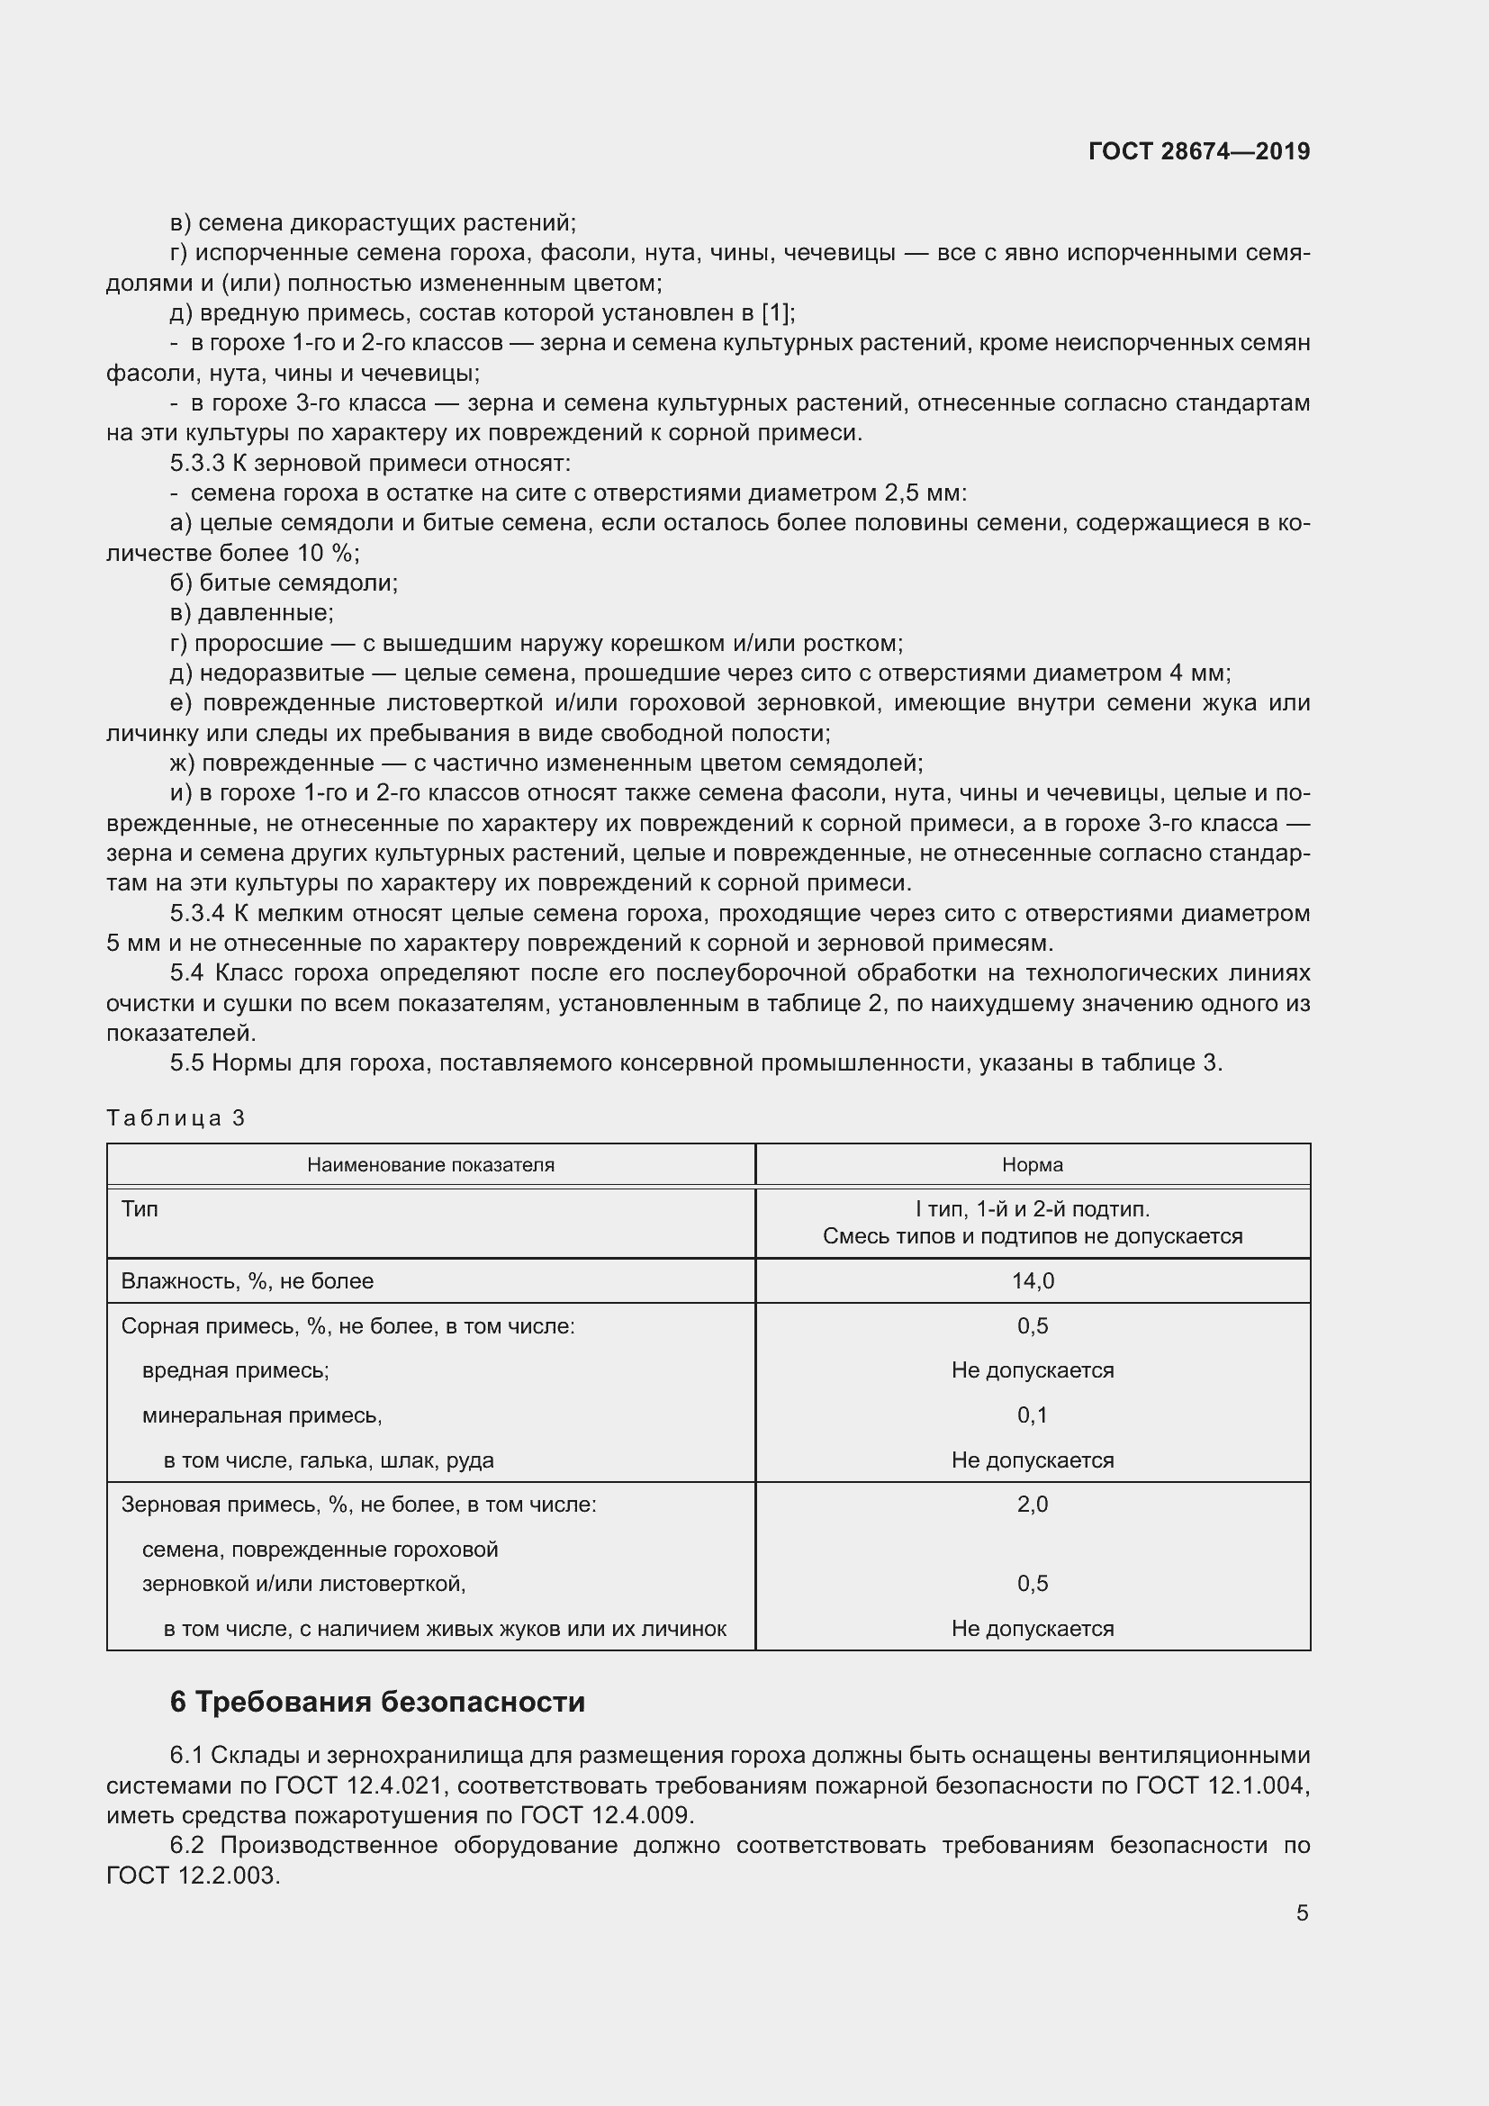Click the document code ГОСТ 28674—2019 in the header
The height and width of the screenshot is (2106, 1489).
point(1198,151)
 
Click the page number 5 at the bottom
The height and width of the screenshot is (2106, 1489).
point(1302,1912)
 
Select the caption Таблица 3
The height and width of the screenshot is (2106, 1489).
point(176,1117)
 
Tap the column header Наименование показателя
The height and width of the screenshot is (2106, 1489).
point(430,1165)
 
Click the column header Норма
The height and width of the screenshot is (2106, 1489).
point(1033,1165)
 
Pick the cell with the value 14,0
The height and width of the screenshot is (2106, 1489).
point(1033,1280)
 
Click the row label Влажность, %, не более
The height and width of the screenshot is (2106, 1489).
point(247,1280)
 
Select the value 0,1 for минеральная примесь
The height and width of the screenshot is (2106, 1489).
point(1033,1415)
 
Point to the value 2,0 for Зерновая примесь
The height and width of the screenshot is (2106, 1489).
point(1033,1505)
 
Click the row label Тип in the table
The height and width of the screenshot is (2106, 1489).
point(140,1209)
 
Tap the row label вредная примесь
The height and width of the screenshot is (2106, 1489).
point(236,1370)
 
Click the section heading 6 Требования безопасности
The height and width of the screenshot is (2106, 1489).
point(377,1703)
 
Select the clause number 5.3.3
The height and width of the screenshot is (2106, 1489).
point(197,463)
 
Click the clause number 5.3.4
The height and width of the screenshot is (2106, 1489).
point(197,914)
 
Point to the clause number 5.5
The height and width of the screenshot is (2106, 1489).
point(186,1063)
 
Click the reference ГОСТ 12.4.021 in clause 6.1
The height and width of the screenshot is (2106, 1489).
point(358,1785)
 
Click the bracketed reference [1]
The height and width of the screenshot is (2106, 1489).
point(776,312)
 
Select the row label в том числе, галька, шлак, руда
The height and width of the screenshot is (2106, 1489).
point(329,1460)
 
